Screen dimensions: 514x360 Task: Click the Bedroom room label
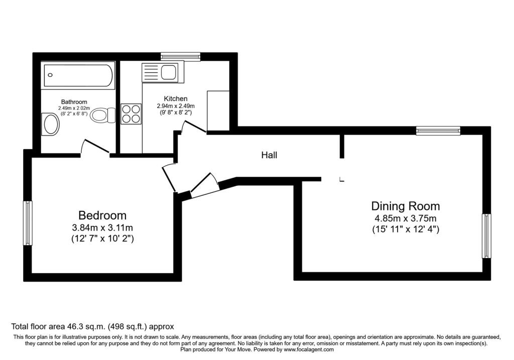point(102,215)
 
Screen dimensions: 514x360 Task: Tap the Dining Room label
point(406,206)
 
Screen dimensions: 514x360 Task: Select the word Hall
point(269,155)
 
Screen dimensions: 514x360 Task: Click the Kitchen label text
point(176,99)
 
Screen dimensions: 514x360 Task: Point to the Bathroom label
point(74,102)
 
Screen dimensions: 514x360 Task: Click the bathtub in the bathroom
point(79,75)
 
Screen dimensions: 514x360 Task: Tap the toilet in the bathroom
point(103,115)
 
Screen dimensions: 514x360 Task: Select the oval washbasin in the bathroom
point(51,124)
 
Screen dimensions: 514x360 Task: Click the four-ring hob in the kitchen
point(131,114)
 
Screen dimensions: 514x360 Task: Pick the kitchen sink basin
point(169,72)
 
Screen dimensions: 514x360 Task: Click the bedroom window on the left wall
point(28,223)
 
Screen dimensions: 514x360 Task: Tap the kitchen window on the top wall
point(181,57)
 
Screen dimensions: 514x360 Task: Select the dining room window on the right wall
point(486,236)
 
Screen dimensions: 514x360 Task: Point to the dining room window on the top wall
point(438,131)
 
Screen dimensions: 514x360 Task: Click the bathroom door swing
point(95,147)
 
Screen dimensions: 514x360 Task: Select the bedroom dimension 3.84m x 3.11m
point(102,227)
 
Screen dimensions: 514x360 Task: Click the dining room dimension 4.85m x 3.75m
point(406,218)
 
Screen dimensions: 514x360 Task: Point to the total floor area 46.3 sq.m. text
point(92,326)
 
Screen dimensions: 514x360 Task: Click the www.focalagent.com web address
point(309,349)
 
